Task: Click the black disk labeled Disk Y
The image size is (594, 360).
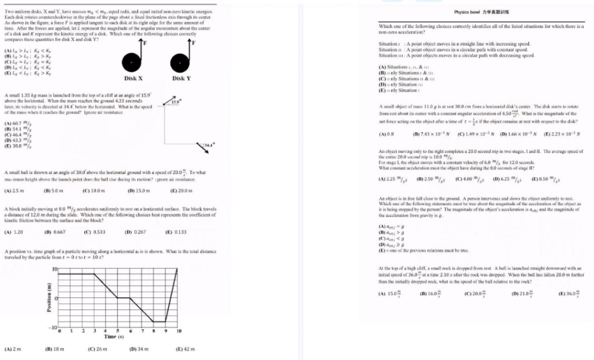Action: click(x=179, y=60)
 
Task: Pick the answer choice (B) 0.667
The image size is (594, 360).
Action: click(x=55, y=232)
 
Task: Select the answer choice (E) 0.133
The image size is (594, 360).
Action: click(x=175, y=232)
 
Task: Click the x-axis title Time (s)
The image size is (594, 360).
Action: click(x=112, y=336)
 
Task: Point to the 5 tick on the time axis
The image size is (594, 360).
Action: click(x=118, y=331)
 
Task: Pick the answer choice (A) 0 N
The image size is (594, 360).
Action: click(x=386, y=134)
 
